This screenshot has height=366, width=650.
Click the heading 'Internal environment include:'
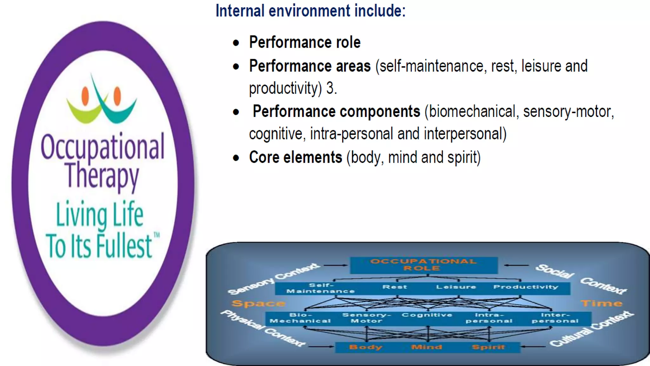[x=310, y=11]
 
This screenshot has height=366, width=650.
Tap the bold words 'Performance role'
[x=305, y=42]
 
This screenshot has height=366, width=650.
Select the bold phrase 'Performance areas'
[x=310, y=66]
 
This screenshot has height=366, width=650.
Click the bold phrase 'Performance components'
[x=336, y=112]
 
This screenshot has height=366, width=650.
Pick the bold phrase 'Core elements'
[x=295, y=157]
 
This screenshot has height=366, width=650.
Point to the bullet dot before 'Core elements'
[x=236, y=158]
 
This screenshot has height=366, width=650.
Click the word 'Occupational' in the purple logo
[x=103, y=147]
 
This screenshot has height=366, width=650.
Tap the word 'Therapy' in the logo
[x=102, y=175]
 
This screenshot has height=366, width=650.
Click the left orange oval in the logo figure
[x=85, y=96]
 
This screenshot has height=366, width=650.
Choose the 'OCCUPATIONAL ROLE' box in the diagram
[x=423, y=265]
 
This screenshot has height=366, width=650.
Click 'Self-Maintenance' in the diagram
[x=321, y=288]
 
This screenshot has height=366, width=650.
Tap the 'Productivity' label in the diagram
[x=526, y=287]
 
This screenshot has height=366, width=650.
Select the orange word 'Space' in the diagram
[x=258, y=303]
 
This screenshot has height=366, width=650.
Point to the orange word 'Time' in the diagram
[x=601, y=303]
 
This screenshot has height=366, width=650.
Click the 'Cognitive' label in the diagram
[x=427, y=315]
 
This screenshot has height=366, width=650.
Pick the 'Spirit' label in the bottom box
[x=488, y=347]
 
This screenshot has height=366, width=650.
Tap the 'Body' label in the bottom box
[x=366, y=347]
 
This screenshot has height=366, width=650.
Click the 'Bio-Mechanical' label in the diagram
[x=300, y=318]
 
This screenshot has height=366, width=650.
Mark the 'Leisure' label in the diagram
[x=456, y=287]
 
